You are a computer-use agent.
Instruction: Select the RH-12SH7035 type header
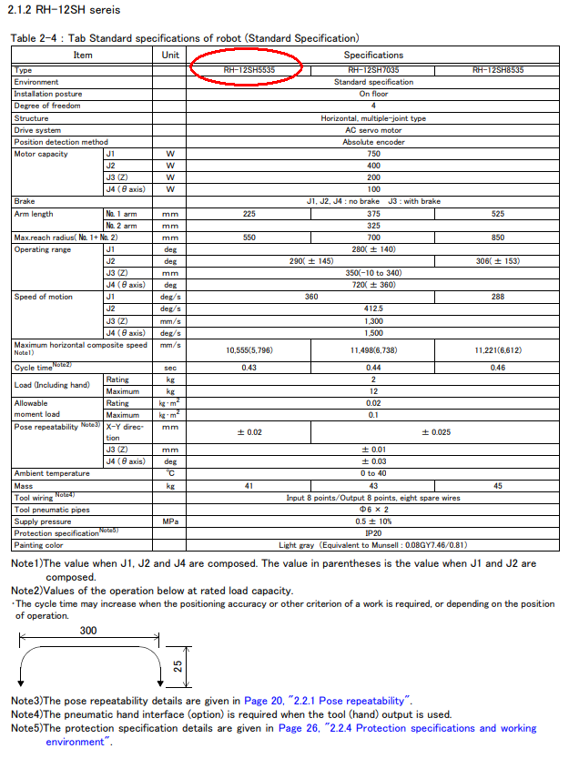coord(373,70)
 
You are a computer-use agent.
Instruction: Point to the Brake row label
coord(25,200)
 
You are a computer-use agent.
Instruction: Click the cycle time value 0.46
coord(497,367)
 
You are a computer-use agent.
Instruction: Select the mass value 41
coord(249,486)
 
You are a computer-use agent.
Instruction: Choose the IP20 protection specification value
coord(373,533)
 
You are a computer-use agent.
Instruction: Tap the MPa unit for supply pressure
coord(169,521)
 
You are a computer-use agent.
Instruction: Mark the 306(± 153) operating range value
coord(497,260)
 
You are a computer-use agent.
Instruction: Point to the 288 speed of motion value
coord(497,297)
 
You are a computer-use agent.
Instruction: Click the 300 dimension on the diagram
coord(87,630)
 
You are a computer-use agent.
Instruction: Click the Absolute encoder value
coord(373,142)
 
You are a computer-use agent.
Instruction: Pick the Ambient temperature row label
coord(52,473)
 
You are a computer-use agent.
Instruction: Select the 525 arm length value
coord(497,212)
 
